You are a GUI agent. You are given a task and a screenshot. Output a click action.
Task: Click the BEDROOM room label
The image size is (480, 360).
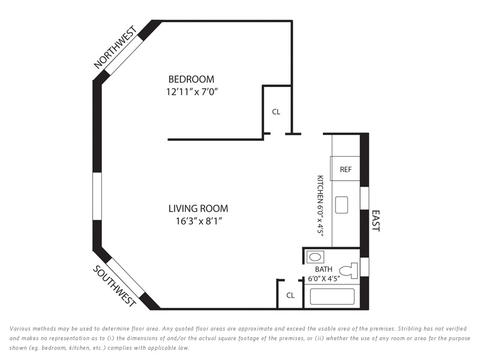[191, 79]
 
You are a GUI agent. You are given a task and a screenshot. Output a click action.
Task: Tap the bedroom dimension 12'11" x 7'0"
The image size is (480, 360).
[192, 92]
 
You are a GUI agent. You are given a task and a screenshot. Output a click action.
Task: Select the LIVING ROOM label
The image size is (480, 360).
[199, 208]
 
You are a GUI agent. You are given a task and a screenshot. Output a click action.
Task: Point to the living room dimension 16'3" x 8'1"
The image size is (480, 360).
[199, 221]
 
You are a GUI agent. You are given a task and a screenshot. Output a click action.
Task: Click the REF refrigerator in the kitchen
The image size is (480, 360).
[345, 169]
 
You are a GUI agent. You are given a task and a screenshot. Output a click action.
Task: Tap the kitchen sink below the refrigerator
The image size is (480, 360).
[341, 205]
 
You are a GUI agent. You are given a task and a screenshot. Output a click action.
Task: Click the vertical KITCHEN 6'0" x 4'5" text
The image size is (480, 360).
[320, 206]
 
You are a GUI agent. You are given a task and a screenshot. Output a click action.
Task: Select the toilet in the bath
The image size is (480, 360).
[349, 271]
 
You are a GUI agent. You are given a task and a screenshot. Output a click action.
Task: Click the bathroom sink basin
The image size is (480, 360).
[315, 257]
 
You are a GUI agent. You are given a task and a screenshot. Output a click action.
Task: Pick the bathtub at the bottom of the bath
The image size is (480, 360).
[332, 296]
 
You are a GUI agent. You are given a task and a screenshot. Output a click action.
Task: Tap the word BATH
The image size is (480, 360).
[323, 269]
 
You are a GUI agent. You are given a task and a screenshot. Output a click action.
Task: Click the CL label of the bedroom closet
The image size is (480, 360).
[276, 112]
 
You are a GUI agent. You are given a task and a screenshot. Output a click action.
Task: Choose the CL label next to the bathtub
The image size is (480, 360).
[290, 295]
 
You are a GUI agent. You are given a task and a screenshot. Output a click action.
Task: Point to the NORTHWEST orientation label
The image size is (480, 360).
[115, 47]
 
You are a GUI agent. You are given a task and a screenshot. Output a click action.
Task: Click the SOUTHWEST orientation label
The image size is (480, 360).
[114, 286]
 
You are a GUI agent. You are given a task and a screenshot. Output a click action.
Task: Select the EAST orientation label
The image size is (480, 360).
[376, 221]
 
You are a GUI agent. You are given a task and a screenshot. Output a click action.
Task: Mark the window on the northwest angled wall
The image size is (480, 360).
[126, 57]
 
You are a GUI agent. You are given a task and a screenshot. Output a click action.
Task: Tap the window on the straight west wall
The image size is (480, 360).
[97, 196]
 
